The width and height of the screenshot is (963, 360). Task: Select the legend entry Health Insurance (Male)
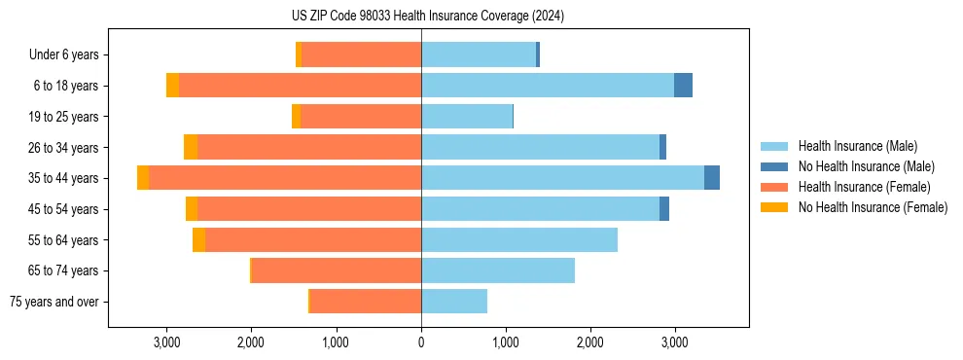[857, 146]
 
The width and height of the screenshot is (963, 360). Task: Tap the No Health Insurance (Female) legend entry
[873, 207]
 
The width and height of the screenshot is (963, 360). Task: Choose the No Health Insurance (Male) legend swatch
[775, 166]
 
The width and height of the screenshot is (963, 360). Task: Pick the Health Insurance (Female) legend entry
[863, 187]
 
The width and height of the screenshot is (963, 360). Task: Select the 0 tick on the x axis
[421, 342]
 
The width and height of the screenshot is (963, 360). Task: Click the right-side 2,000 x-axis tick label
[590, 342]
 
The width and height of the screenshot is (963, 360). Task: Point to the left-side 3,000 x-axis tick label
[166, 342]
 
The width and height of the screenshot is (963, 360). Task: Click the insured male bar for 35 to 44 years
[562, 178]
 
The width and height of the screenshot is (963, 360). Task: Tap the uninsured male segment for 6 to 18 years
[683, 86]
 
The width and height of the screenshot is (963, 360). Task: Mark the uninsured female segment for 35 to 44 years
[143, 178]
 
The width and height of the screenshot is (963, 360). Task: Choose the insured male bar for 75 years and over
[454, 302]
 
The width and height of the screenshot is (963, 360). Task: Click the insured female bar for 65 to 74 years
[337, 270]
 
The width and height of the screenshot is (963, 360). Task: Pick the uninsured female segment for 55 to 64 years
[198, 239]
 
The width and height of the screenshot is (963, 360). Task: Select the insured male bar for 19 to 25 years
[467, 117]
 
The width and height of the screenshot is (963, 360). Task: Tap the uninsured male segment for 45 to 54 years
[664, 209]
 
